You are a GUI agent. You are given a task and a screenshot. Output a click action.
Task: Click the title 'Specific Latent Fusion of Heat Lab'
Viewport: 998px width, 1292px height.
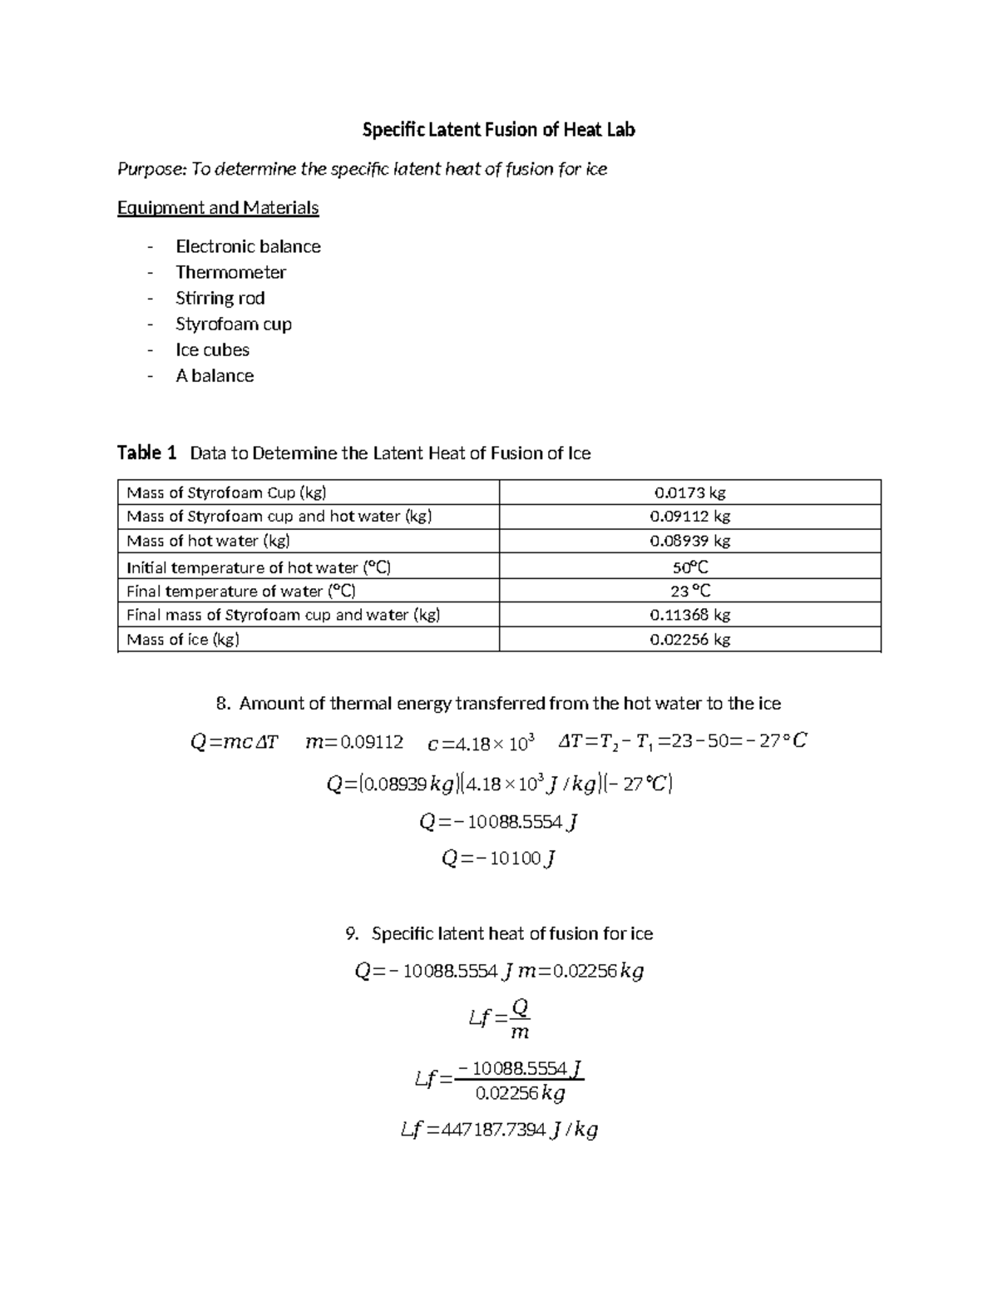tap(498, 130)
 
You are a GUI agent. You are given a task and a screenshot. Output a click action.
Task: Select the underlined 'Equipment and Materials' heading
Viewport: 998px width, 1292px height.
tap(218, 208)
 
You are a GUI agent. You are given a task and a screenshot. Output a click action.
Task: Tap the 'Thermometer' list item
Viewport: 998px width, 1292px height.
tap(230, 272)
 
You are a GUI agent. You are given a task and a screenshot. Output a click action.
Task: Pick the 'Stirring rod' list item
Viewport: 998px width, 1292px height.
tap(220, 298)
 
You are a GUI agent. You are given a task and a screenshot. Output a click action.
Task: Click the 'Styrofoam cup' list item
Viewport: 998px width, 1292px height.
tap(233, 324)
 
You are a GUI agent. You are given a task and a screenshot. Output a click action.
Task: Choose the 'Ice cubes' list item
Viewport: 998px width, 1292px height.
tap(212, 349)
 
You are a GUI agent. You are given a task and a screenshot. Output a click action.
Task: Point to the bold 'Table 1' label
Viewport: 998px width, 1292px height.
tap(146, 453)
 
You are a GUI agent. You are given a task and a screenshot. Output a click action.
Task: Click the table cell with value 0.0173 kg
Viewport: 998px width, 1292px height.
tap(689, 493)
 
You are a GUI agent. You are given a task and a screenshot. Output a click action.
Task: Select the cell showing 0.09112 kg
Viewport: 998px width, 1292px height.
tap(689, 516)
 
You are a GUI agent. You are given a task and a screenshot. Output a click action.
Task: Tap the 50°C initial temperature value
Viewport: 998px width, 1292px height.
tap(689, 567)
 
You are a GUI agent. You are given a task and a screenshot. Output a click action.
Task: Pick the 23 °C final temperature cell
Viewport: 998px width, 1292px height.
tap(689, 591)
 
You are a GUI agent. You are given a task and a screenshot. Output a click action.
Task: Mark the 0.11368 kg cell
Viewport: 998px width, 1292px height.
tap(689, 615)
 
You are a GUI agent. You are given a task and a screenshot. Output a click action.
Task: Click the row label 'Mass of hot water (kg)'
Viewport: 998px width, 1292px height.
tap(208, 541)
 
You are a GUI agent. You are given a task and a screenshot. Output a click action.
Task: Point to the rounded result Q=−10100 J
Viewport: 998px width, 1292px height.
tap(498, 859)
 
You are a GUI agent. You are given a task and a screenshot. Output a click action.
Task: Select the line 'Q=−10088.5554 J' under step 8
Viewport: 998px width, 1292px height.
tap(498, 822)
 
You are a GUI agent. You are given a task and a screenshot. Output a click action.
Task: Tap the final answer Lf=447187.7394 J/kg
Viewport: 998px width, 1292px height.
tap(498, 1130)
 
